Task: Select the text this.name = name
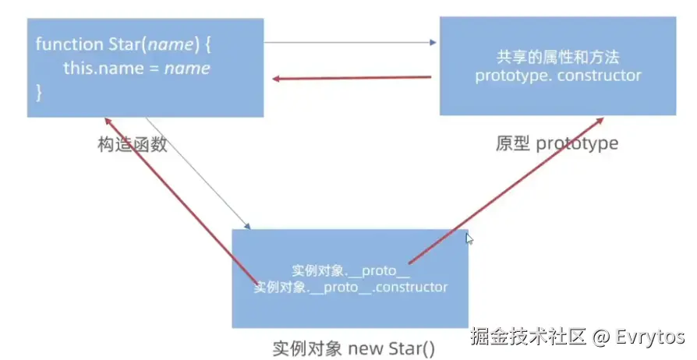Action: click(136, 69)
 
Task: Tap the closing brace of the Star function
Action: click(39, 93)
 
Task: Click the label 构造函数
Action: click(133, 144)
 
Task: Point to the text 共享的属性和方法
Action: click(557, 58)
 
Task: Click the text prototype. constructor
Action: click(557, 76)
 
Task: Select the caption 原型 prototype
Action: click(557, 144)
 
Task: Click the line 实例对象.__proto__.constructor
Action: click(351, 288)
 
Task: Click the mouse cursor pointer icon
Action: click(469, 238)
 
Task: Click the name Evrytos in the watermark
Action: click(649, 337)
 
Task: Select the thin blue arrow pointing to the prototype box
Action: click(351, 42)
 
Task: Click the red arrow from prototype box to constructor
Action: click(351, 78)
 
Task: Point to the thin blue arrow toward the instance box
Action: click(199, 174)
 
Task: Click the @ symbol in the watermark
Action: click(600, 337)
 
